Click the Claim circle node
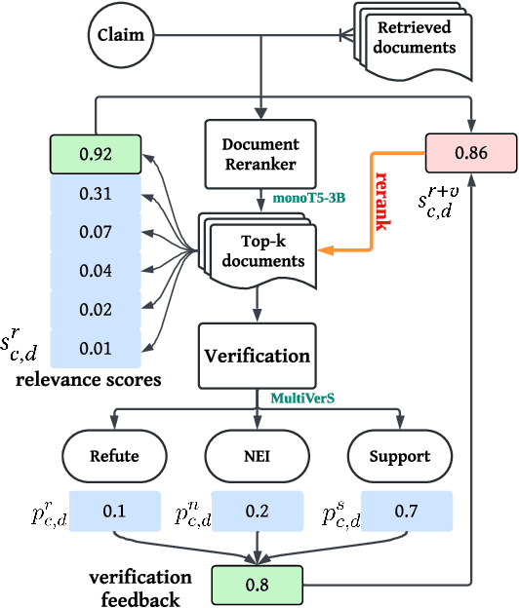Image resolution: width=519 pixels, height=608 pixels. (121, 36)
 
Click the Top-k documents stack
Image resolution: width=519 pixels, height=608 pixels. (259, 249)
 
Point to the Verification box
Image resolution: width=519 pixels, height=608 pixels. (258, 356)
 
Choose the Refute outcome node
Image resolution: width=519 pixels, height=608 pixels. (113, 455)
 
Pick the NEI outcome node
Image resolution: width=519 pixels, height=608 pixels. (258, 455)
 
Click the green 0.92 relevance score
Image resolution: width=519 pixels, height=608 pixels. (96, 152)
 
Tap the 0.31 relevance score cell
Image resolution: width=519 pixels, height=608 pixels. (96, 194)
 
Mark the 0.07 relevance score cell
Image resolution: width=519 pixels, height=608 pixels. (96, 233)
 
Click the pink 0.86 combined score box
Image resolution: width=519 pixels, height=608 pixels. (470, 152)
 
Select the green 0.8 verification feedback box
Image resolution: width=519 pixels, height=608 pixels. (258, 586)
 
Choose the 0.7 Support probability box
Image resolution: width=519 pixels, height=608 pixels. (406, 511)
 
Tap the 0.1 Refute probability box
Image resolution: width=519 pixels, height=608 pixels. (113, 511)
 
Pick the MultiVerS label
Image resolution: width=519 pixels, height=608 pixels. (302, 398)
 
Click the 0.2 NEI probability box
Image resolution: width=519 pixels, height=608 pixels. (258, 511)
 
